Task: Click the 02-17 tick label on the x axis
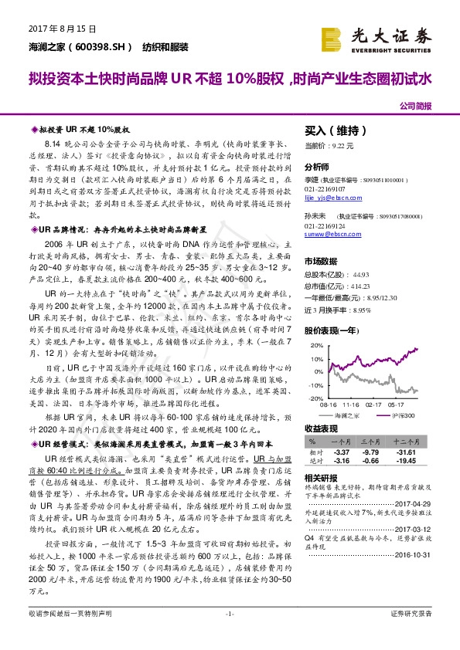tap(374, 403)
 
